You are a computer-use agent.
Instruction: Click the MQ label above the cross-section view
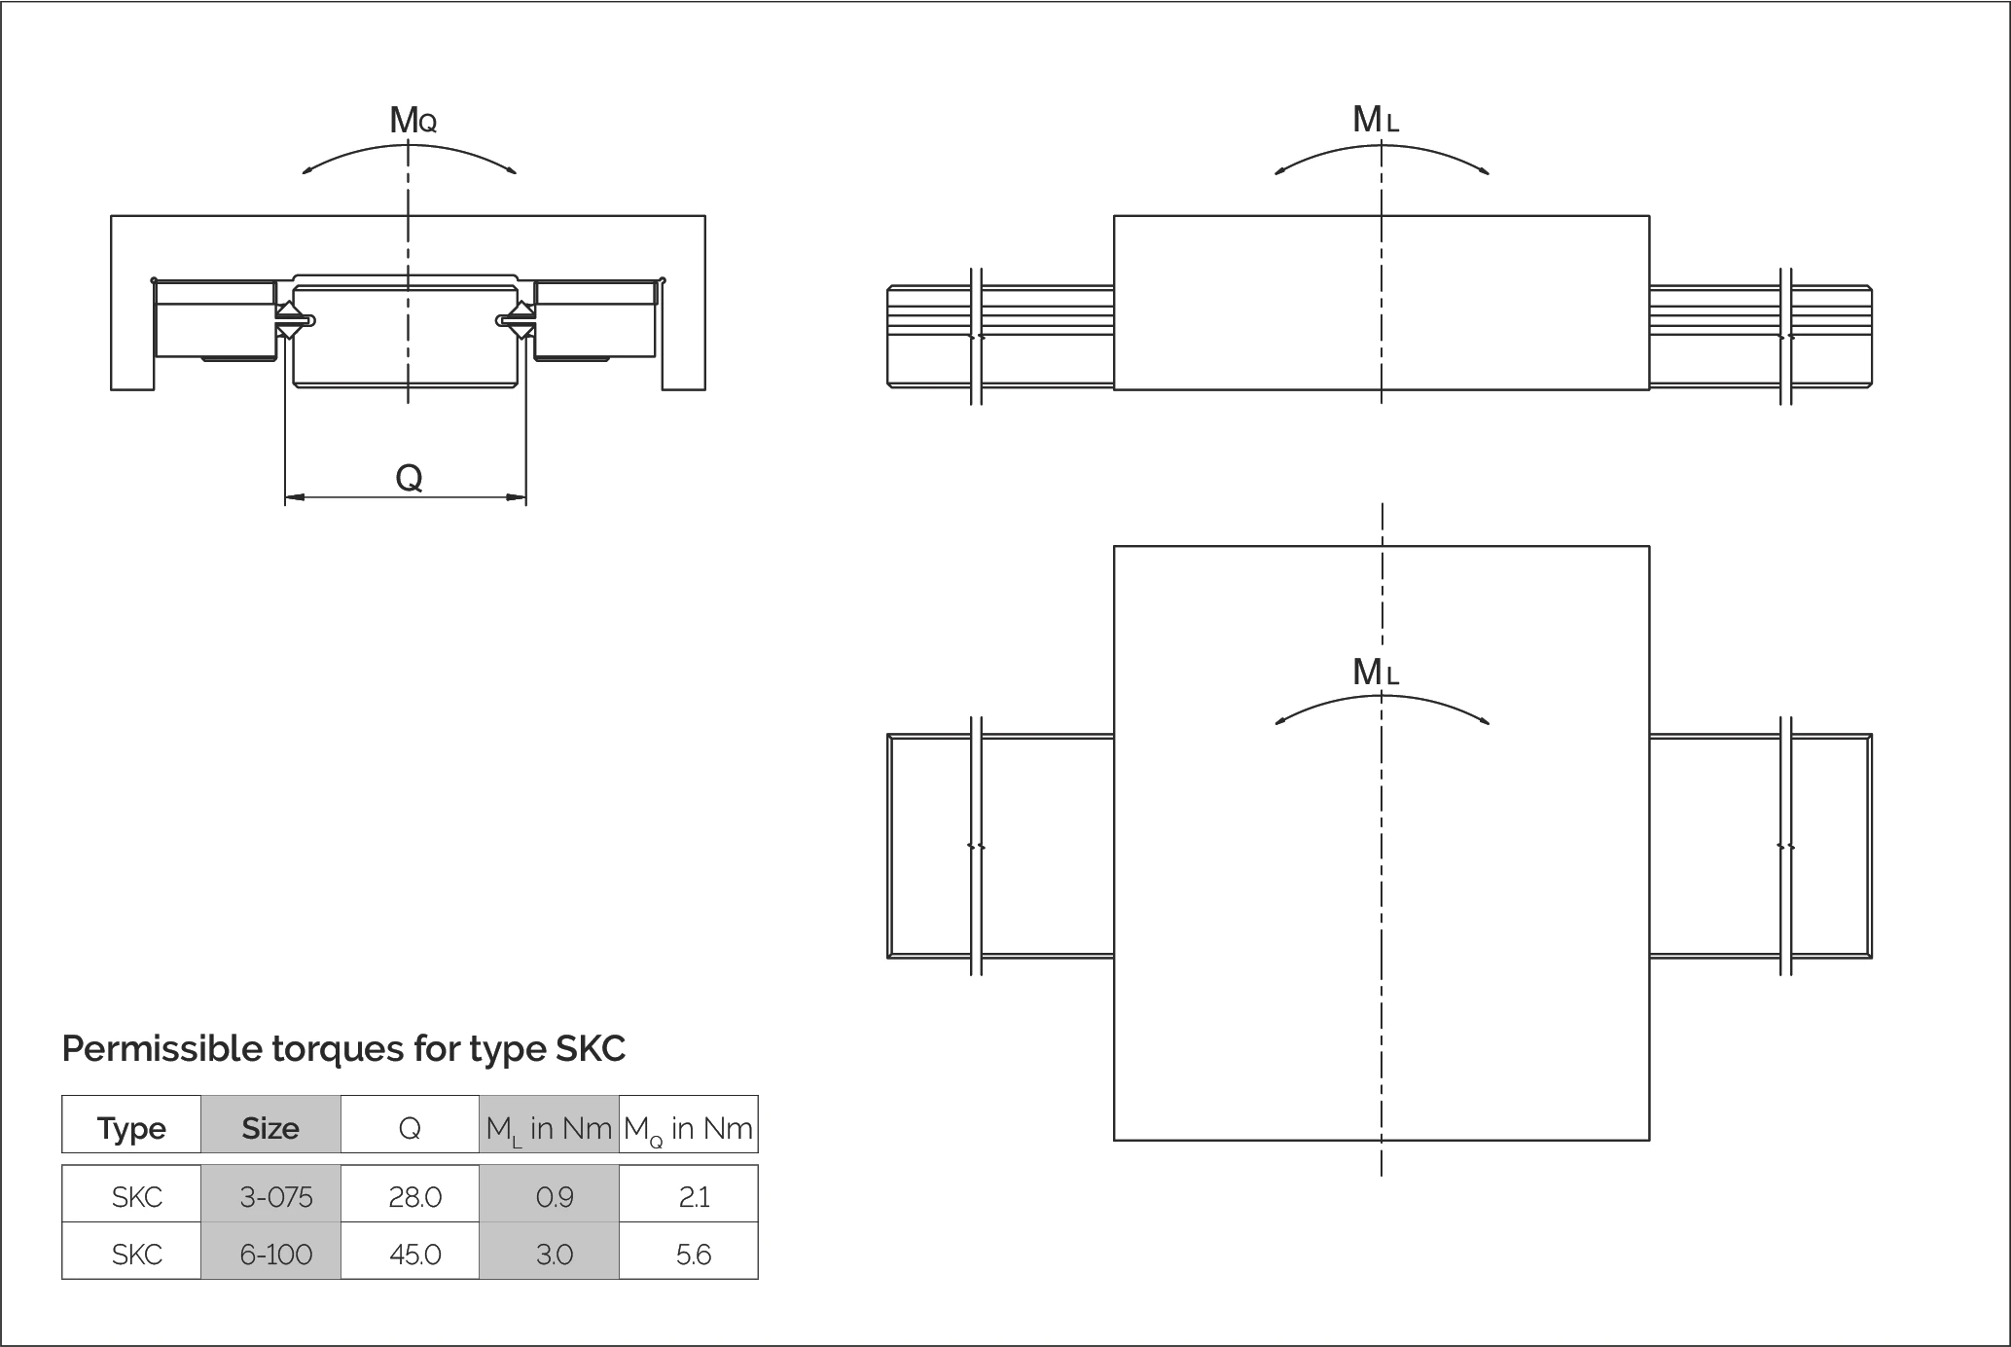click(x=413, y=121)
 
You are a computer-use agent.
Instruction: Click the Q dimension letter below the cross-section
click(x=409, y=478)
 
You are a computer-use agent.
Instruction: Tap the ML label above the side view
click(x=1375, y=120)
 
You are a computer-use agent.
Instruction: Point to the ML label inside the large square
click(x=1375, y=672)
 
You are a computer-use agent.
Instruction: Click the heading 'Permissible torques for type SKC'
click(x=343, y=1048)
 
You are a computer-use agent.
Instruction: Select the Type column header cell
click(x=131, y=1128)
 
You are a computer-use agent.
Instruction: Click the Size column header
click(x=270, y=1128)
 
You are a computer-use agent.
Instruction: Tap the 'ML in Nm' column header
click(x=549, y=1128)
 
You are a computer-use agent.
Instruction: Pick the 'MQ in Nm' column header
click(x=688, y=1128)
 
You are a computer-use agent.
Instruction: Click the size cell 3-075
click(x=275, y=1196)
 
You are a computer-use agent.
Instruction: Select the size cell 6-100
click(x=275, y=1254)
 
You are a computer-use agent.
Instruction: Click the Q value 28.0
click(x=414, y=1196)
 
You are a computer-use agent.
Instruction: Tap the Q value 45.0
click(x=414, y=1254)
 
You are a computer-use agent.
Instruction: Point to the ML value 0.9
click(x=554, y=1196)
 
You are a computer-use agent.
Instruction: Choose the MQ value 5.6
click(x=693, y=1254)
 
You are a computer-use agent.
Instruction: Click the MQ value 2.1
click(x=693, y=1196)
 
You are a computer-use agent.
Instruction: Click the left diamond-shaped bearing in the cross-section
click(x=288, y=320)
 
